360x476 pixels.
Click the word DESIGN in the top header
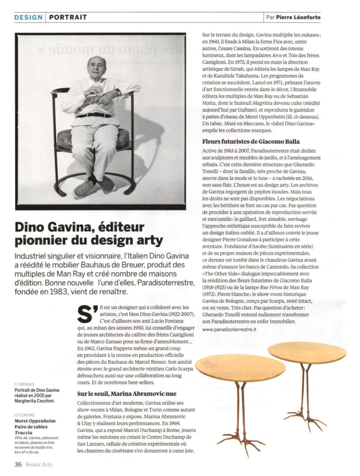29,17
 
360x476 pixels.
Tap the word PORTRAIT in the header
68,17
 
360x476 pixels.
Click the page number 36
18,464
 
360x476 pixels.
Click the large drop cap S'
87,312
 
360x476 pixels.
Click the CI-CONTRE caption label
25,414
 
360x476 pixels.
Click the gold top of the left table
240,366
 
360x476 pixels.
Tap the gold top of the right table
307,352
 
